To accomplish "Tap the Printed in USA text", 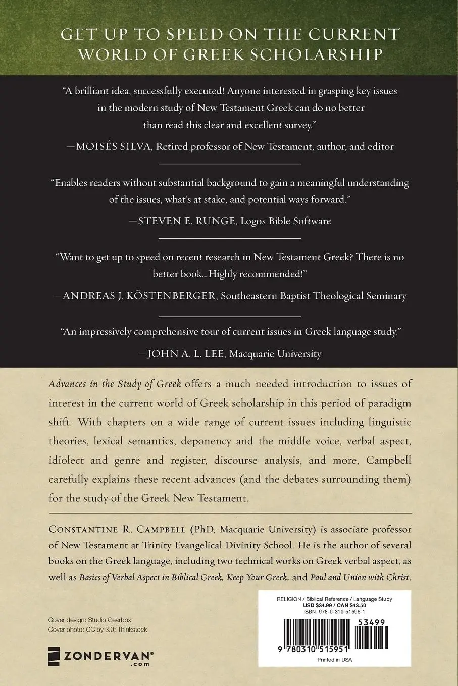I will click(334, 660).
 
